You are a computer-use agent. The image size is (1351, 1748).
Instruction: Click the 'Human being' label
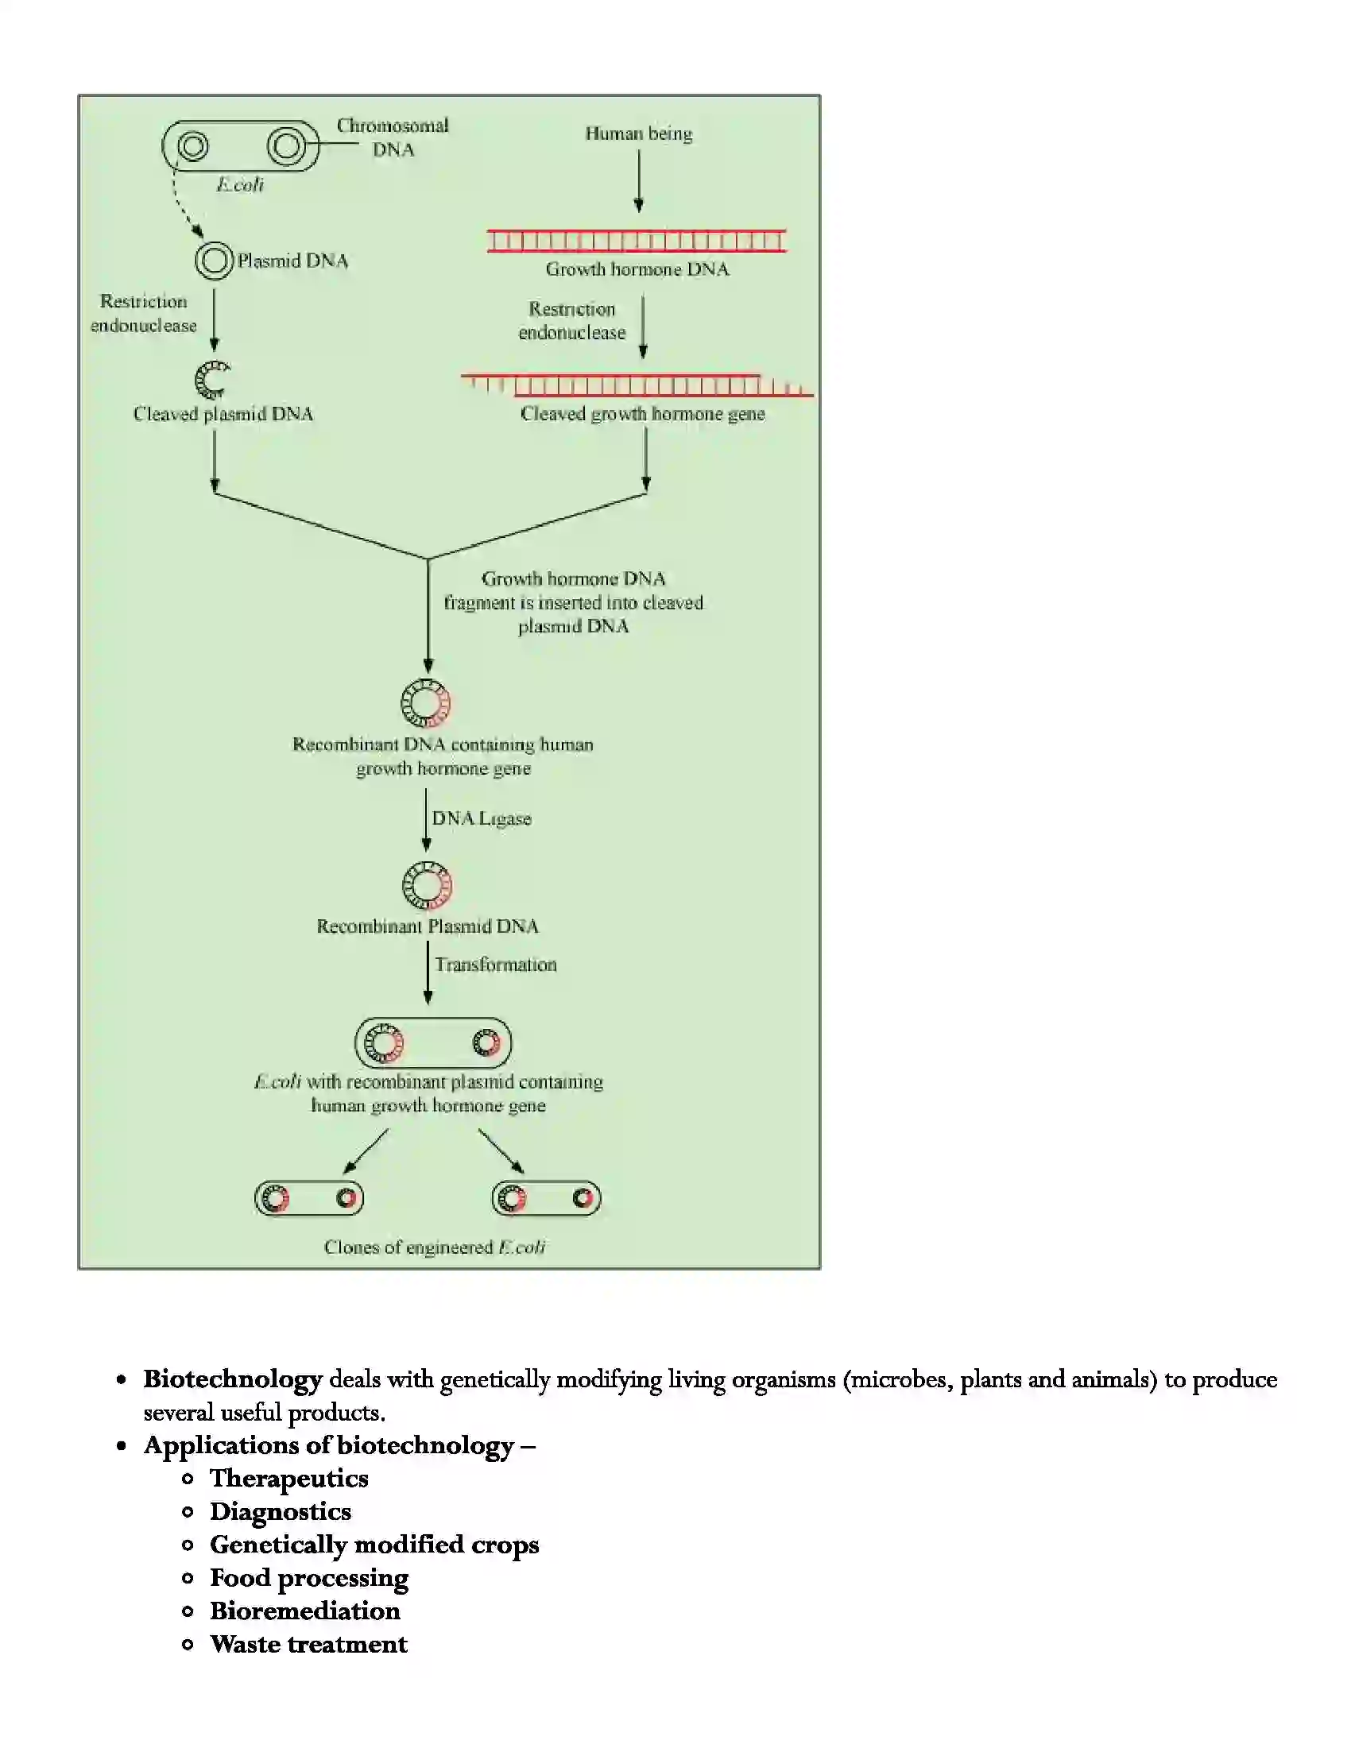pyautogui.click(x=638, y=133)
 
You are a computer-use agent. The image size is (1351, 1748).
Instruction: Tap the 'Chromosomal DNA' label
pyautogui.click(x=392, y=137)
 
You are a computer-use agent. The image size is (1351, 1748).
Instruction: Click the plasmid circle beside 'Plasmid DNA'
pyautogui.click(x=214, y=261)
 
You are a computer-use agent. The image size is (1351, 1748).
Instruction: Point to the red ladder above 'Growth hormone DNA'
pyautogui.click(x=637, y=240)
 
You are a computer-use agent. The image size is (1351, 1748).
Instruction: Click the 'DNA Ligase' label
pyautogui.click(x=481, y=818)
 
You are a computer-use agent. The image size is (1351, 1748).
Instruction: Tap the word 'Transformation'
pyautogui.click(x=495, y=965)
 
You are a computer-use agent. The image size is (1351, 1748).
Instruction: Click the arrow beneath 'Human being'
pyautogui.click(x=639, y=180)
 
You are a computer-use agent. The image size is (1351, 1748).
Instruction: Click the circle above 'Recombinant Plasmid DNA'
pyautogui.click(x=427, y=885)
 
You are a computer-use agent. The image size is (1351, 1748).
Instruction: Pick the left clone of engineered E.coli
pyautogui.click(x=309, y=1198)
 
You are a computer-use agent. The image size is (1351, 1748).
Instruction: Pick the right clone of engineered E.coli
pyautogui.click(x=546, y=1198)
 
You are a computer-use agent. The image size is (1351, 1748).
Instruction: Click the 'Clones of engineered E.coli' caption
pyautogui.click(x=435, y=1247)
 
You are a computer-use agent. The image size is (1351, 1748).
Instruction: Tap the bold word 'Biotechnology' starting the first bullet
pyautogui.click(x=232, y=1379)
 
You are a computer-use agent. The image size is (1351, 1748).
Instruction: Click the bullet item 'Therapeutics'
pyautogui.click(x=289, y=1479)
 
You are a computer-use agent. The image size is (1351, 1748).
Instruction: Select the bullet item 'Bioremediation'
pyautogui.click(x=305, y=1611)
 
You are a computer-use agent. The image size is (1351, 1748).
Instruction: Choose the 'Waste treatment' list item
pyautogui.click(x=308, y=1644)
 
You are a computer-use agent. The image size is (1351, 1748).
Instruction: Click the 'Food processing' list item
pyautogui.click(x=309, y=1577)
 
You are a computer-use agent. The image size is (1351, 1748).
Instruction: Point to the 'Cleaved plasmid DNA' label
pyautogui.click(x=223, y=414)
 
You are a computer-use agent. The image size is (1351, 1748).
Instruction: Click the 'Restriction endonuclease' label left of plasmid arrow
pyautogui.click(x=143, y=313)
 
